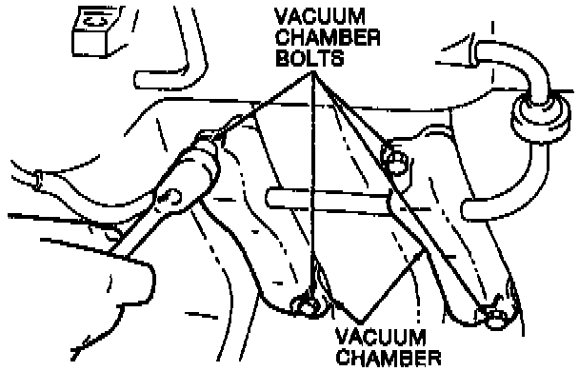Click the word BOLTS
pos(309,57)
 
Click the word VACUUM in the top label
pos(320,16)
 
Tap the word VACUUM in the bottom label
pos(381,337)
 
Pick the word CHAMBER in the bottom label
pos(389,358)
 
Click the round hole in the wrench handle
pos(170,197)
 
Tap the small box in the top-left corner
pos(95,31)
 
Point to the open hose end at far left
pos(37,180)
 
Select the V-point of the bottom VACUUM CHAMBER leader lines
pos(359,323)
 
